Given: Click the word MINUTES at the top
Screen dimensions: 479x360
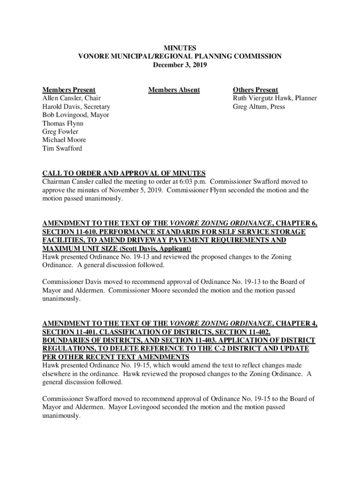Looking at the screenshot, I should point(180,48).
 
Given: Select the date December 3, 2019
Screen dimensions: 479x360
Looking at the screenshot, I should point(180,65).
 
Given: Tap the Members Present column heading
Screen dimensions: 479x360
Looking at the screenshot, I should point(69,90).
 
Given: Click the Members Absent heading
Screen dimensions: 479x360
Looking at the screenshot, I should point(174,90).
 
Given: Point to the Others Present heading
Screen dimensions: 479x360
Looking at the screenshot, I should point(255,90).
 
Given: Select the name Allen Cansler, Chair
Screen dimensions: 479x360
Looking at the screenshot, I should point(72,98).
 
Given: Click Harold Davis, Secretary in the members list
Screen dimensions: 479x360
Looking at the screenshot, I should point(76,107).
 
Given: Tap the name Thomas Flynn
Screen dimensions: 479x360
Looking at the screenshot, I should point(63,123).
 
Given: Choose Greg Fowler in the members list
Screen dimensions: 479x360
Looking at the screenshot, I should point(60,132).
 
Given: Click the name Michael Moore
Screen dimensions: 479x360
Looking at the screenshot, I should point(64,140).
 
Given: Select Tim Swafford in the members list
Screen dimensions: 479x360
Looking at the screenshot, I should point(62,149).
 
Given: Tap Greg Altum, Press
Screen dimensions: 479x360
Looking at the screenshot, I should point(259,107).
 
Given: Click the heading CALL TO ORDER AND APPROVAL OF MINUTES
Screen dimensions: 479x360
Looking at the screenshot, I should point(124,173).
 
